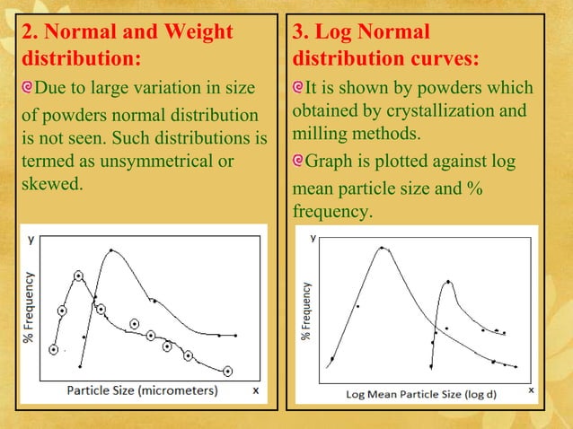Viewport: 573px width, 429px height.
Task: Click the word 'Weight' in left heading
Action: coord(192,33)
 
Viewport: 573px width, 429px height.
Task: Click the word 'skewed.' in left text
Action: coord(52,184)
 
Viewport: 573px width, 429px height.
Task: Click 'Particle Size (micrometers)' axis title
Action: coord(142,391)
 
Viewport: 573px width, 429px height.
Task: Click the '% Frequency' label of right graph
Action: coord(306,311)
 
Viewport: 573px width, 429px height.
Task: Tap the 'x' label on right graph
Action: coord(531,390)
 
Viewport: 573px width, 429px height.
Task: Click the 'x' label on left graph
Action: coord(255,390)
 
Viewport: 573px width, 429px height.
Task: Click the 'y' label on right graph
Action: coord(313,239)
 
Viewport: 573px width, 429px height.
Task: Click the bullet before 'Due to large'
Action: coord(28,89)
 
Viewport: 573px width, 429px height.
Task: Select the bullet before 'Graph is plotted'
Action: coord(299,164)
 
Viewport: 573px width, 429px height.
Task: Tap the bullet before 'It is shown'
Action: coord(299,89)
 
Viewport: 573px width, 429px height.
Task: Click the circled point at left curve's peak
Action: coord(79,276)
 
